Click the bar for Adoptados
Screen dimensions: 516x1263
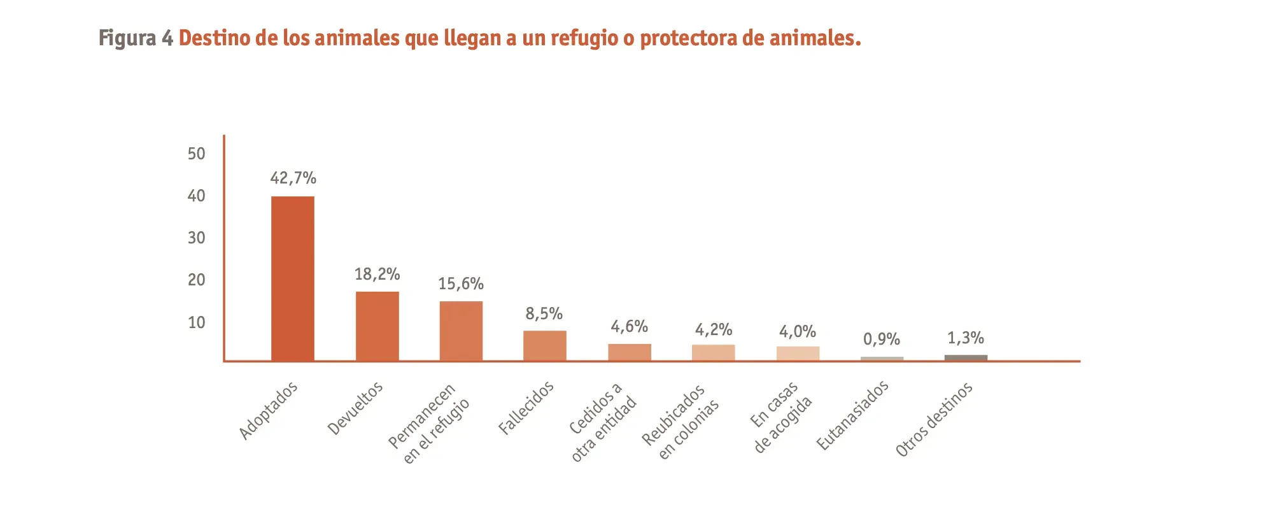[x=293, y=278]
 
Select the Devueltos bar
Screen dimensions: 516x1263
[x=377, y=326]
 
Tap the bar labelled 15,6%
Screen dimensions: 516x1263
[x=461, y=331]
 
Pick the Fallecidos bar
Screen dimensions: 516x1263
[x=545, y=345]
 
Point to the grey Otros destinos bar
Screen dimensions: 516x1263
[x=966, y=358]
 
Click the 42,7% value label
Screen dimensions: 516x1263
[x=293, y=178]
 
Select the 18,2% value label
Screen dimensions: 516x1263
[x=377, y=274]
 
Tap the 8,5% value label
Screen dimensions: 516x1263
[x=544, y=313]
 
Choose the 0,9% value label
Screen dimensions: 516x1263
[x=882, y=339]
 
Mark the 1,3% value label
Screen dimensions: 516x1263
[x=966, y=338]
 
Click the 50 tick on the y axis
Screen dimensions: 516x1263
[x=197, y=154]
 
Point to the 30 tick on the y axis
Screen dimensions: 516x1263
[x=197, y=238]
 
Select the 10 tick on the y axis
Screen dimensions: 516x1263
[x=197, y=322]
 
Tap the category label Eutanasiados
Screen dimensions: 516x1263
[x=852, y=415]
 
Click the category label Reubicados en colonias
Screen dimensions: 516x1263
[x=680, y=421]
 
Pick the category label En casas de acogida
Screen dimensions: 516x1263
[x=781, y=417]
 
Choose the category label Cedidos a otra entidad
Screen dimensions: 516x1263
[x=602, y=422]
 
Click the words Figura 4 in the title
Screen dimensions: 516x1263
[x=136, y=38]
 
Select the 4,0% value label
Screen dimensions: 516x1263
[x=798, y=331]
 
